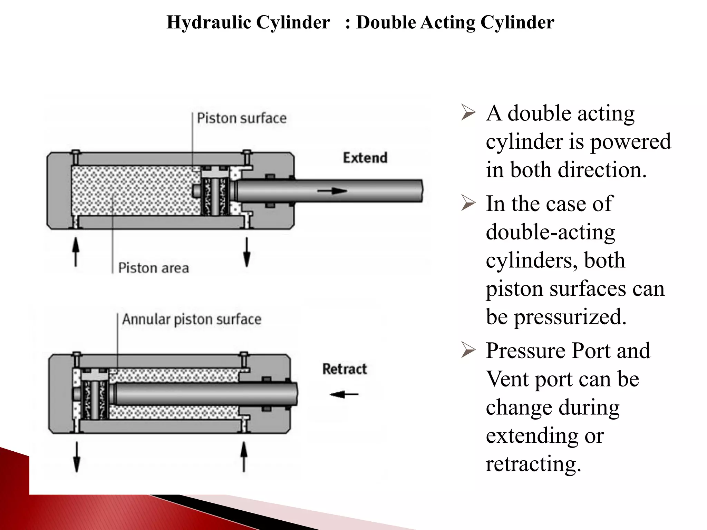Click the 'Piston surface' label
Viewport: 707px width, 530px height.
tap(242, 118)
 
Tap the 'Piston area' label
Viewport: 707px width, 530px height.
tap(153, 268)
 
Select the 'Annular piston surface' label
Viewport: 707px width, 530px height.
tap(192, 320)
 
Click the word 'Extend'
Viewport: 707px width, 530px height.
tap(365, 158)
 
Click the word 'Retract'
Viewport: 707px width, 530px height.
tap(345, 369)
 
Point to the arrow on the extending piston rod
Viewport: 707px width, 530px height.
tap(332, 191)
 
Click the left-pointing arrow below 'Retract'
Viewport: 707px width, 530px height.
tap(344, 394)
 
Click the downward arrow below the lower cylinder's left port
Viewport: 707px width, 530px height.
tap(77, 457)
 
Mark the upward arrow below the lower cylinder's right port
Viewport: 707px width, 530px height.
tap(244, 457)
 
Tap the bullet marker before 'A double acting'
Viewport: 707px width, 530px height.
tap(468, 114)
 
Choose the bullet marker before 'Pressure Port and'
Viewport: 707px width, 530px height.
tap(468, 351)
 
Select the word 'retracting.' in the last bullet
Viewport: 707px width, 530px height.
tap(533, 464)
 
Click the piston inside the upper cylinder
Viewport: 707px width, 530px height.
tap(214, 192)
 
